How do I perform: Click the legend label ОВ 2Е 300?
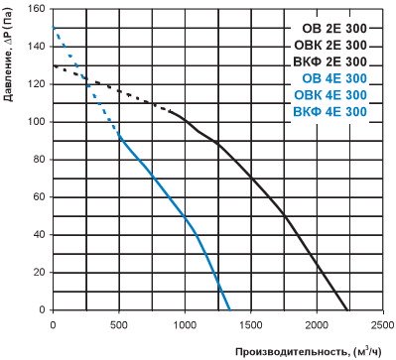click(x=334, y=29)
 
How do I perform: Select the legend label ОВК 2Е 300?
click(x=330, y=45)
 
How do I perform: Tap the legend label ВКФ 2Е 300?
click(x=330, y=61)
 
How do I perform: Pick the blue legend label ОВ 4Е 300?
click(x=334, y=78)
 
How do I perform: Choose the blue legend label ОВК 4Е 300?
click(x=330, y=95)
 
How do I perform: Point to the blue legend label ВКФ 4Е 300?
click(x=330, y=111)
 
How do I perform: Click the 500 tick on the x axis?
click(x=119, y=325)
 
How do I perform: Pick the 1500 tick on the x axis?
click(x=251, y=325)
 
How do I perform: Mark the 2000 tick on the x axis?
click(x=317, y=325)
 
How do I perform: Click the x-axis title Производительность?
click(x=292, y=352)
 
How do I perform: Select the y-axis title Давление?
click(x=8, y=74)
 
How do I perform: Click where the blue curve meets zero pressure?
click(x=230, y=309)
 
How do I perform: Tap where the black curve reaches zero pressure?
click(x=347, y=309)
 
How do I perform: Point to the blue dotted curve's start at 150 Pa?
click(x=54, y=28)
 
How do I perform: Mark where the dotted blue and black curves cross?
click(x=86, y=78)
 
